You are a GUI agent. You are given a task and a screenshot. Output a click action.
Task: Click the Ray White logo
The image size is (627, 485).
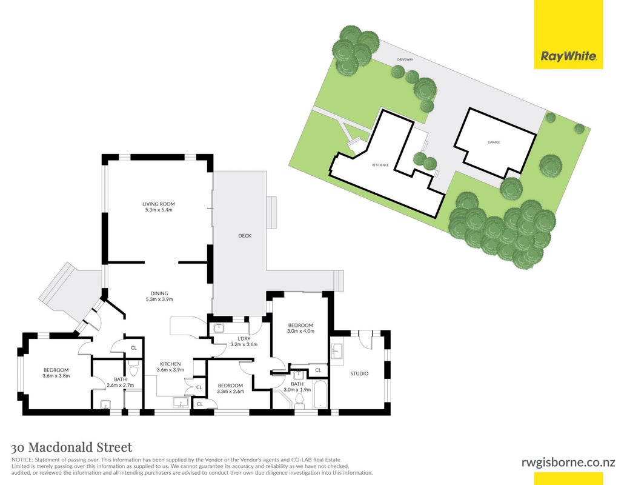(x=568, y=56)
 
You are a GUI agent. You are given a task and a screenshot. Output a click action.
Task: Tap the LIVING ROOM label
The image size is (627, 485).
(x=159, y=204)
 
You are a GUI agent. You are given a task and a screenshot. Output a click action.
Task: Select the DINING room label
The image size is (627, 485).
(x=159, y=293)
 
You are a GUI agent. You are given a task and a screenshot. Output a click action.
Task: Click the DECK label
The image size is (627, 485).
(x=245, y=236)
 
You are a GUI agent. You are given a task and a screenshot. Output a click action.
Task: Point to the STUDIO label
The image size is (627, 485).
(x=359, y=374)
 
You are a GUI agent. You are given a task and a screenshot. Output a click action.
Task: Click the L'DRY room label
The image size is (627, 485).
(x=244, y=338)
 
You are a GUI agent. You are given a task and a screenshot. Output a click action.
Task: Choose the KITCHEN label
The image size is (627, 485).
(x=170, y=364)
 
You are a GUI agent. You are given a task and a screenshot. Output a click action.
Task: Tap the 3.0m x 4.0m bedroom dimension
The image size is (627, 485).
(x=300, y=331)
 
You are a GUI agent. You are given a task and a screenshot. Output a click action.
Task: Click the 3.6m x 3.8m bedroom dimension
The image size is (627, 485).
(x=56, y=376)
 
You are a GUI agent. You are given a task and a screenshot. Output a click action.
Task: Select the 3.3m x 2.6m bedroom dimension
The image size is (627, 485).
(x=230, y=392)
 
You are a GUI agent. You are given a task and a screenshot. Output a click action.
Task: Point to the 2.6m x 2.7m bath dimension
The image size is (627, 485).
(x=121, y=386)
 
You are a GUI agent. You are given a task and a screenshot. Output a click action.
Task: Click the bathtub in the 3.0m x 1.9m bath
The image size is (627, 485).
(x=320, y=395)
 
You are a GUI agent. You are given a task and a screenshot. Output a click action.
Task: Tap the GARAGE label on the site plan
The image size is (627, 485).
(x=494, y=142)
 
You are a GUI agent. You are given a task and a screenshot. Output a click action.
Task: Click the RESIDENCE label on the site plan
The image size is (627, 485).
(x=380, y=165)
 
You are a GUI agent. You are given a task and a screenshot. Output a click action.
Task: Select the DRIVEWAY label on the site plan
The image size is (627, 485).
(x=405, y=59)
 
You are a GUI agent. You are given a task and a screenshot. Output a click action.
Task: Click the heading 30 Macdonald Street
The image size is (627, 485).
(x=72, y=447)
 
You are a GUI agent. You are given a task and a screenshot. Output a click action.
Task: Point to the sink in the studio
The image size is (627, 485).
(x=337, y=351)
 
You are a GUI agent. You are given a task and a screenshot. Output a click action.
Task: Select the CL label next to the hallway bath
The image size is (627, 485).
(x=133, y=348)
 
